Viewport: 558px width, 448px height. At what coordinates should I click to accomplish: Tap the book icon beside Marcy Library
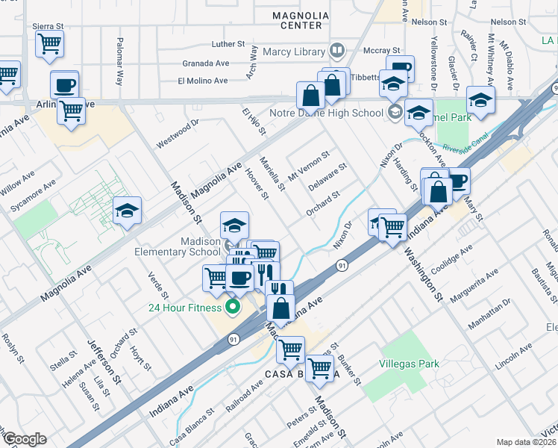point(336,51)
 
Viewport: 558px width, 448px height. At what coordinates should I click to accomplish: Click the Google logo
point(24,439)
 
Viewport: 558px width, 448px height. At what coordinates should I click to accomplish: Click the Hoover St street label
point(257,184)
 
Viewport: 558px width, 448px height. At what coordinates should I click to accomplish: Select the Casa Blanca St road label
point(192,422)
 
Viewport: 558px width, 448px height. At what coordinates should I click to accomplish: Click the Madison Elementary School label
point(178,246)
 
